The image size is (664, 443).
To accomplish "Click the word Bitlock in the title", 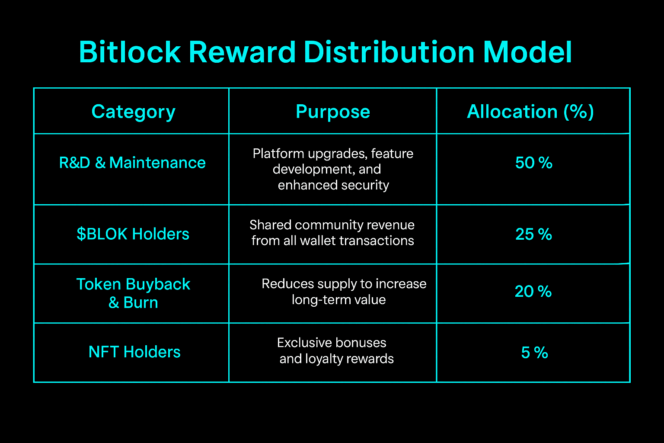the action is [x=130, y=52].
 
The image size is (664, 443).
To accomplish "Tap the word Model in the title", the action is [x=527, y=52].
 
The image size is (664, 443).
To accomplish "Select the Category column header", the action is [x=134, y=112].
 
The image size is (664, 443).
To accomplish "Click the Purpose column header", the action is [x=333, y=112].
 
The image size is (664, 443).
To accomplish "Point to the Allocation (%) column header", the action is [x=530, y=112].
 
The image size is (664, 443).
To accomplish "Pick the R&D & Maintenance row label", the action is [x=132, y=163].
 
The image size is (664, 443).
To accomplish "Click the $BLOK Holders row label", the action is [x=133, y=234].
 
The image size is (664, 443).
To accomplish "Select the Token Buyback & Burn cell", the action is [x=133, y=293].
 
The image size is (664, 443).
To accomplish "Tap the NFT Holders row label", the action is [x=134, y=352].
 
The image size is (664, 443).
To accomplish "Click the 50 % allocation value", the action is [x=533, y=163].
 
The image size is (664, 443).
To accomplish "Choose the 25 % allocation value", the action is [x=533, y=234].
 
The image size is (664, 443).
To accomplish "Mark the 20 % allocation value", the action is [x=533, y=292].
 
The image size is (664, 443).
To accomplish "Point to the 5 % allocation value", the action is [x=534, y=353].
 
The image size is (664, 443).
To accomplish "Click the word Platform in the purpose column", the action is [x=278, y=154].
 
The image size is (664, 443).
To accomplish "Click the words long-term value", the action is [x=338, y=300].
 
